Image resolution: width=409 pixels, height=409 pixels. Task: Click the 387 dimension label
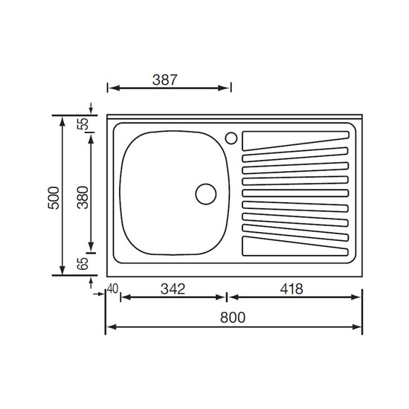click(165, 80)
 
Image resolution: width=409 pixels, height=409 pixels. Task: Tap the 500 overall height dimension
click(54, 198)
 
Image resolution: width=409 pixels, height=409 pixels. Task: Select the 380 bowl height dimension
click(83, 198)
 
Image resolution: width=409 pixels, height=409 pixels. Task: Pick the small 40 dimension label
click(113, 289)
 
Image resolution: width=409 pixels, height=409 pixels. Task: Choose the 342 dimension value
click(173, 289)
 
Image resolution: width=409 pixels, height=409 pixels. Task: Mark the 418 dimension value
click(292, 289)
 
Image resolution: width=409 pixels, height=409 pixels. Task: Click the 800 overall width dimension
click(233, 318)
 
